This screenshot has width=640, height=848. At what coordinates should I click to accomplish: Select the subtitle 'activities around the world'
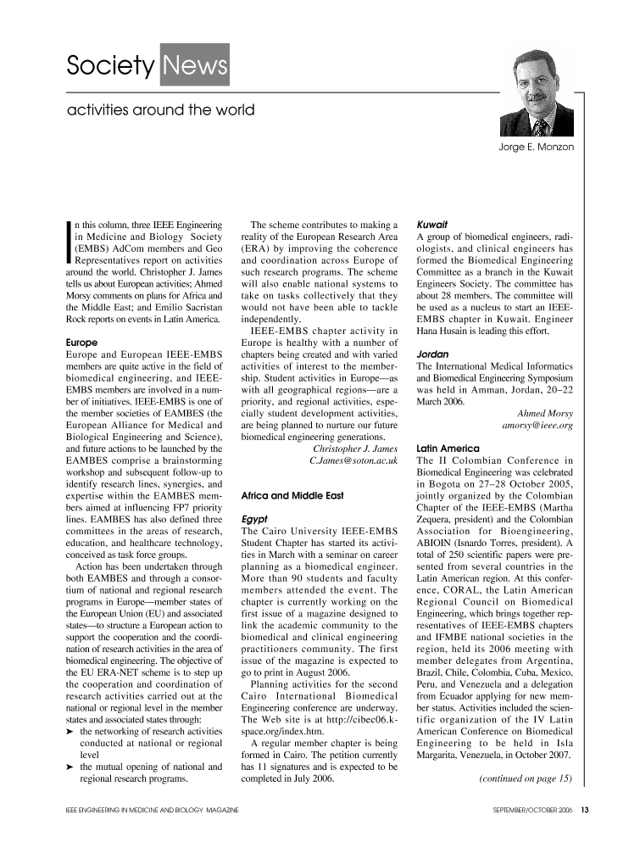click(160, 110)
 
